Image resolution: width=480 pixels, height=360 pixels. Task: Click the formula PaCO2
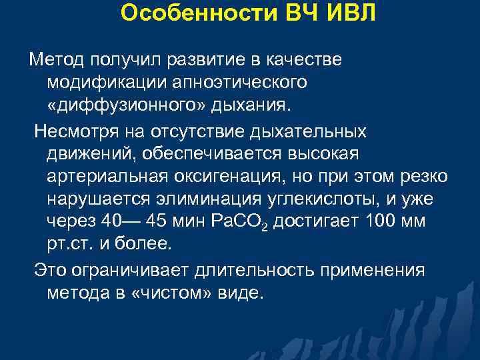[x=233, y=221]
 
